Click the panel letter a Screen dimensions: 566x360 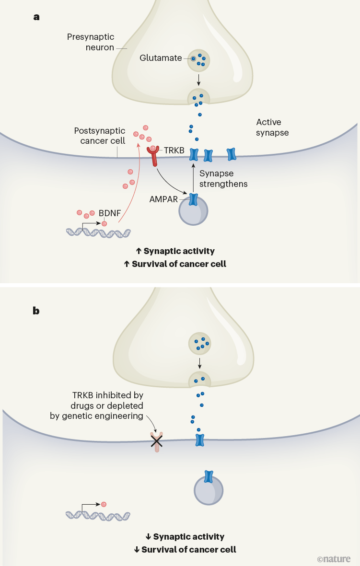coord(36,17)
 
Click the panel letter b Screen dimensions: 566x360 coord(36,311)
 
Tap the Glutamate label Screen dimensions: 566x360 coord(161,58)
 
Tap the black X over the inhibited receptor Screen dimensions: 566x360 coord(156,441)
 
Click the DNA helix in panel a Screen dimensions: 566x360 coord(98,232)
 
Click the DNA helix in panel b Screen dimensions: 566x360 coord(98,515)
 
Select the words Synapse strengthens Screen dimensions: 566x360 coord(223,178)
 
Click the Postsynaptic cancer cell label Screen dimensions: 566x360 coord(100,136)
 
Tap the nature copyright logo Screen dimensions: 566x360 coord(334,558)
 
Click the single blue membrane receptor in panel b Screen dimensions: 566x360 coord(200,440)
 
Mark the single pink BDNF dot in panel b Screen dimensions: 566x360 coord(104,504)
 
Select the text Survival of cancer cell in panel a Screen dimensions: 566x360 coord(185,264)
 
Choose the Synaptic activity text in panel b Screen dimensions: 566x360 coord(189,537)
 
